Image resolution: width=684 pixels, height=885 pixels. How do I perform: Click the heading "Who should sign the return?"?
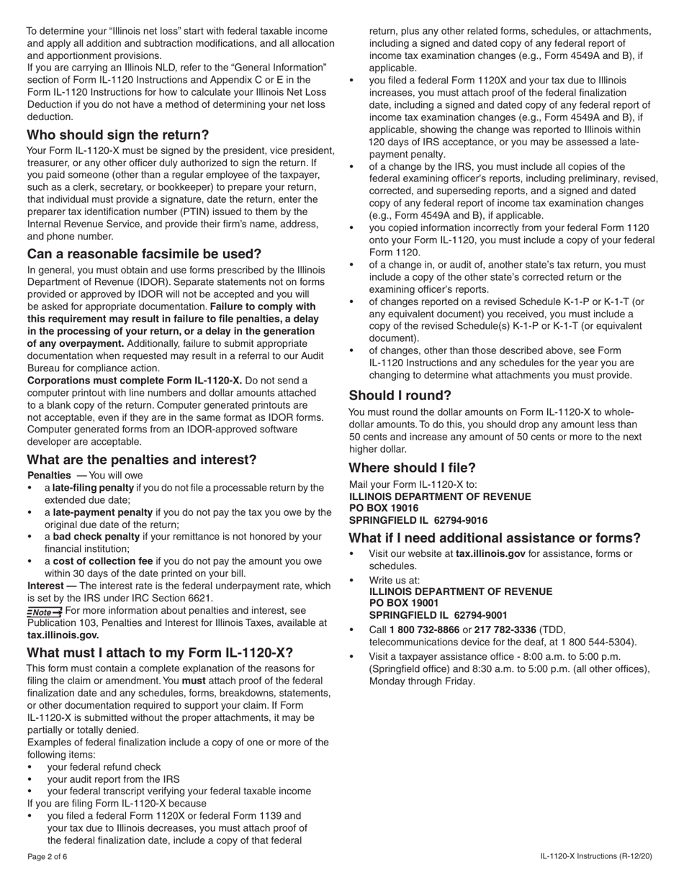(x=118, y=135)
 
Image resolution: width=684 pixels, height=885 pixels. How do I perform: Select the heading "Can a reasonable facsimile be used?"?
(x=144, y=254)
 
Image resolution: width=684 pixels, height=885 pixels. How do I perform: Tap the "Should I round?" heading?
(x=400, y=395)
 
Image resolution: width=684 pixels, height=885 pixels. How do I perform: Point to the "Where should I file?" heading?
(x=413, y=467)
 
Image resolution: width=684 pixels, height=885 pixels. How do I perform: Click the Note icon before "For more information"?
(x=45, y=611)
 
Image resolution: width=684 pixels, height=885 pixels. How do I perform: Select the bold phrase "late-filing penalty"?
(x=93, y=488)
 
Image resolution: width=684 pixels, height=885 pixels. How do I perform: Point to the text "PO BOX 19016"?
(x=384, y=508)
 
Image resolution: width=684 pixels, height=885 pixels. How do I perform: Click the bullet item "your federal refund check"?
(x=104, y=767)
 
